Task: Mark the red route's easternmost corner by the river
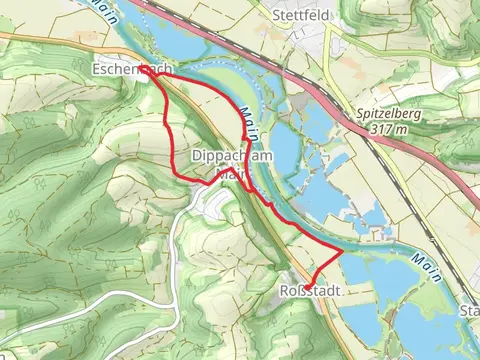pos(342,253)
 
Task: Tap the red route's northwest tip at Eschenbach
pos(142,69)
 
